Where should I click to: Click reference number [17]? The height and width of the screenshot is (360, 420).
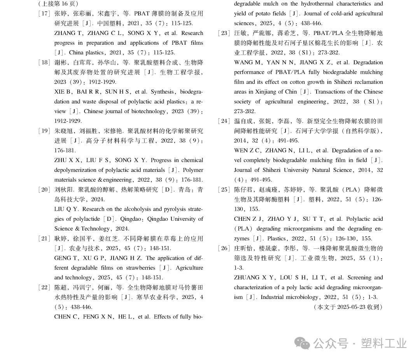[x=44, y=14]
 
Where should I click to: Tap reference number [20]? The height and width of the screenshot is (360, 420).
[x=44, y=190]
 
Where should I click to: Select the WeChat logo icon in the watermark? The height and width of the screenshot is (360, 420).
[x=302, y=343]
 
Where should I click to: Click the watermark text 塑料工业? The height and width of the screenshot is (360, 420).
[x=383, y=343]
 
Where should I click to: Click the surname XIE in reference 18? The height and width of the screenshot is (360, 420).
[x=59, y=92]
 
